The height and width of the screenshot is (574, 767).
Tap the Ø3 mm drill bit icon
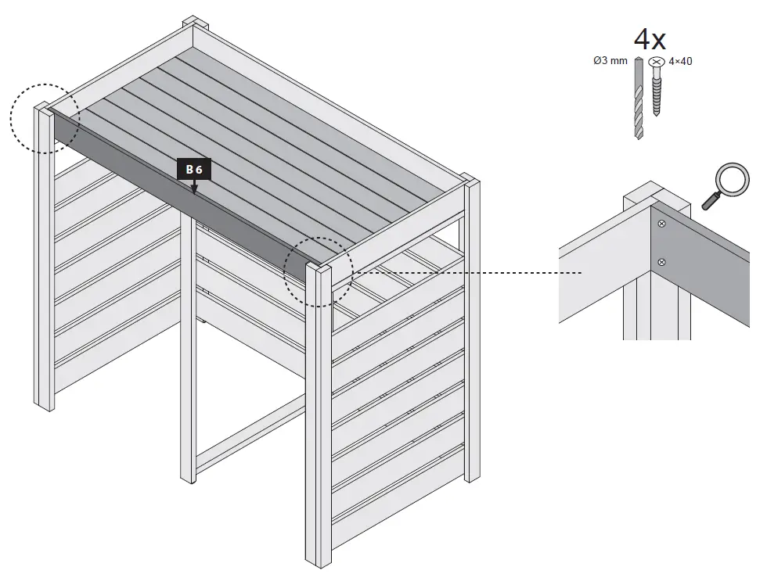pyautogui.click(x=639, y=98)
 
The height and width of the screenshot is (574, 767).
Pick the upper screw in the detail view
pyautogui.click(x=662, y=224)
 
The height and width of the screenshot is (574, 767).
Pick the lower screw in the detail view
pyautogui.click(x=662, y=261)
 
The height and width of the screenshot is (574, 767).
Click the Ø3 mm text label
pyautogui.click(x=610, y=61)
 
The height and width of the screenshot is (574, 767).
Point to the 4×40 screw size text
pyautogui.click(x=680, y=61)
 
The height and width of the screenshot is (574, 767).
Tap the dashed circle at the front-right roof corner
pyautogui.click(x=318, y=270)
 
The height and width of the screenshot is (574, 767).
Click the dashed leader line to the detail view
pyautogui.click(x=470, y=273)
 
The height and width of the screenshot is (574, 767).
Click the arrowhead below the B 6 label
pyautogui.click(x=194, y=189)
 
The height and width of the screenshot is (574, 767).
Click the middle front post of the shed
pyautogui.click(x=188, y=352)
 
